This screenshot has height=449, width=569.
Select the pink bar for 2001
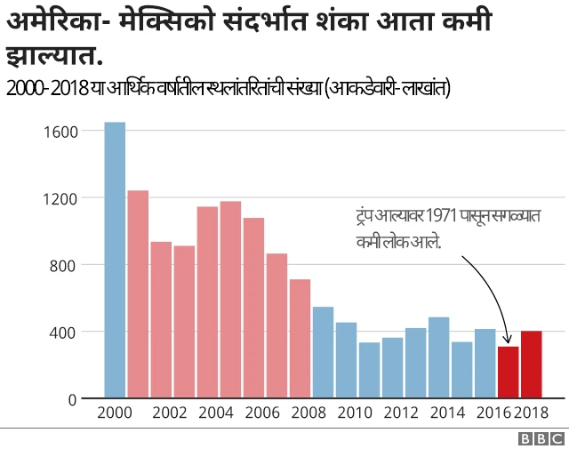coord(138,294)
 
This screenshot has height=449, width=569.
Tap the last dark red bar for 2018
coord(531,365)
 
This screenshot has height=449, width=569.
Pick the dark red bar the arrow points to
coord(508,373)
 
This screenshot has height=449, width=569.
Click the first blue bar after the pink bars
coord(323,352)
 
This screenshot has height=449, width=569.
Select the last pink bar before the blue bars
coord(300,339)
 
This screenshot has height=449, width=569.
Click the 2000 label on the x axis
coord(115,413)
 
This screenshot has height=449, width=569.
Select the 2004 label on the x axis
coord(216,413)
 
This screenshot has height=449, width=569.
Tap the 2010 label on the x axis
coord(354,413)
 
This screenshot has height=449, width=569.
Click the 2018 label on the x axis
coord(531,413)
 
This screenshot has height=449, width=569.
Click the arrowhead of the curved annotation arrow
coord(507,340)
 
